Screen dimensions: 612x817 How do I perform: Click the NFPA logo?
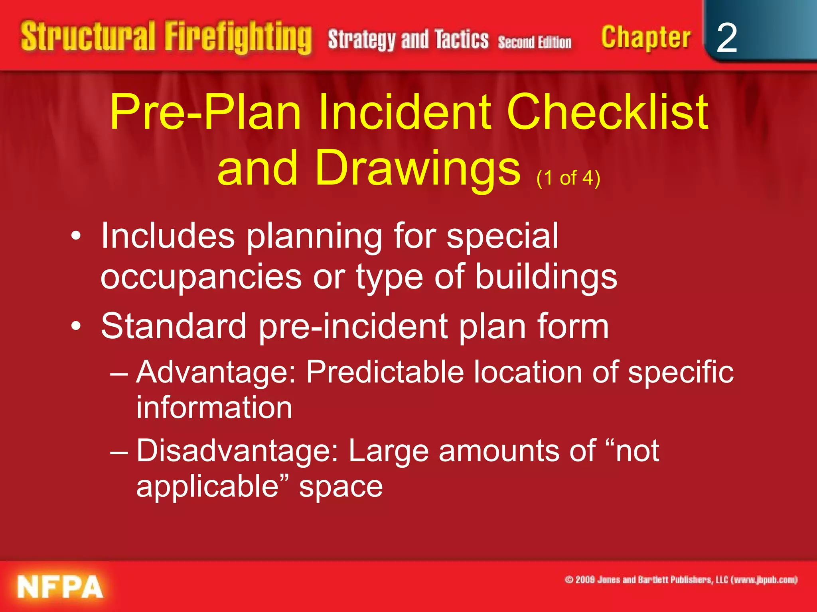60,586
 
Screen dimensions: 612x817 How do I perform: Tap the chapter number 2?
726,38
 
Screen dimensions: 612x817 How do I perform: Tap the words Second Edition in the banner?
534,42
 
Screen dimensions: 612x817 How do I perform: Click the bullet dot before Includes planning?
76,236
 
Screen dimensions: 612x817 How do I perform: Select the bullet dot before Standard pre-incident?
76,326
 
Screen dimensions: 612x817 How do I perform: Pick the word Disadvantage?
237,451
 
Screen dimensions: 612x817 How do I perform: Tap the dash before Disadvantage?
119,453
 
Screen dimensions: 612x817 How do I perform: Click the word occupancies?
201,278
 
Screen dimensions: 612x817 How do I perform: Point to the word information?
214,408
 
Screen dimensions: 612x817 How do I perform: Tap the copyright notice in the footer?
681,580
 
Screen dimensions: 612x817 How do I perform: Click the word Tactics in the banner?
462,39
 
